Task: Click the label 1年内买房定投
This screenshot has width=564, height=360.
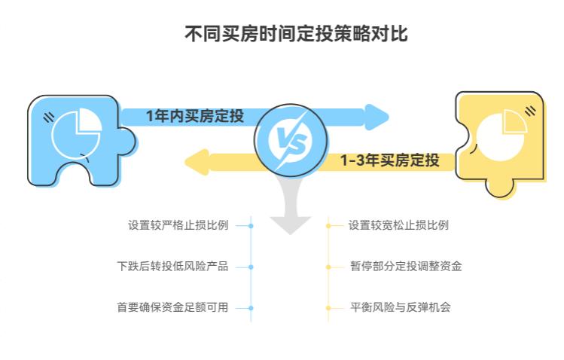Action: pyautogui.click(x=195, y=116)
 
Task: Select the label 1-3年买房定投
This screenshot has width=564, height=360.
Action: pyautogui.click(x=389, y=160)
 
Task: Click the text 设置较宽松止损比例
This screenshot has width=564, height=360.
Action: pyautogui.click(x=398, y=225)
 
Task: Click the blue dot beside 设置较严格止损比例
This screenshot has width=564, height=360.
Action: pyautogui.click(x=251, y=225)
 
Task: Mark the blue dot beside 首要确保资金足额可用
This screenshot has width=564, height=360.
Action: pyautogui.click(x=251, y=307)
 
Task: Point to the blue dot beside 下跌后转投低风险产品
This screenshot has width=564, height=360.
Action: pyautogui.click(x=251, y=267)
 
